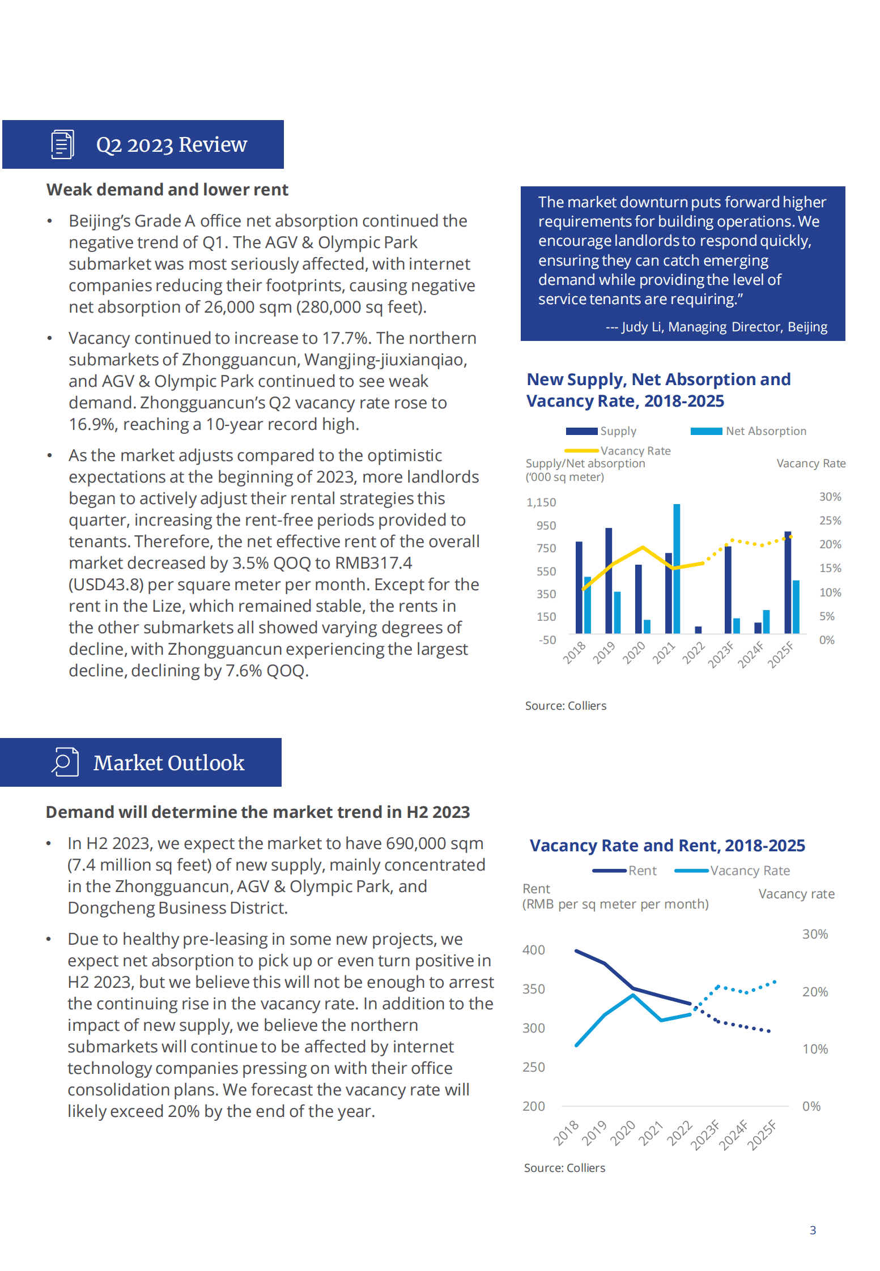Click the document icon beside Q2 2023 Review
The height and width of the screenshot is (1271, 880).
[62, 144]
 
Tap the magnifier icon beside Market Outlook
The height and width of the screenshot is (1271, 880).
[65, 762]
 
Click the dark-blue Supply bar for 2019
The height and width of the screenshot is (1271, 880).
[609, 580]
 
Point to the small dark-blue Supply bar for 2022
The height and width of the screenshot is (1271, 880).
[698, 629]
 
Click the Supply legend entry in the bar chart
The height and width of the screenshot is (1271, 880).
[601, 431]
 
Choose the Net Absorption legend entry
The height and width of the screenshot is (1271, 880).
[749, 431]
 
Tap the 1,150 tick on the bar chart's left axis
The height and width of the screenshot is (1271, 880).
[541, 502]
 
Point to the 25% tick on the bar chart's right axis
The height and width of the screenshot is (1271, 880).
[830, 521]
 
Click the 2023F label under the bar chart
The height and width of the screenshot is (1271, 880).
[721, 655]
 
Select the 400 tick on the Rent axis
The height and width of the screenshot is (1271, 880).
[534, 950]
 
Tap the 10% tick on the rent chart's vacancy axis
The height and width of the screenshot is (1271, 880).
[815, 1049]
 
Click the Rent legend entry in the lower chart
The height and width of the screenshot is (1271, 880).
[624, 871]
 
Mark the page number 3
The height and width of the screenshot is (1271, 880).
[813, 1230]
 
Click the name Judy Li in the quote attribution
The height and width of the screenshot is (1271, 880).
[642, 327]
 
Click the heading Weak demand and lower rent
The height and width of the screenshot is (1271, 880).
[167, 190]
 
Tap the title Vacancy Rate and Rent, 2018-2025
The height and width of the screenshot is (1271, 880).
[667, 846]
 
